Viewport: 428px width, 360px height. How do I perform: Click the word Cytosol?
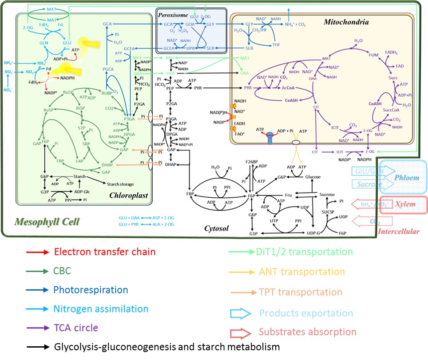[216, 228]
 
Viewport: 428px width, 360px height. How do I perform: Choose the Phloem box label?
[408, 177]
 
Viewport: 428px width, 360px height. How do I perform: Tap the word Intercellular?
[399, 232]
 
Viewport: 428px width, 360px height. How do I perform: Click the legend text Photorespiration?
[91, 290]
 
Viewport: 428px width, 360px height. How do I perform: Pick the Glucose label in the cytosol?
[313, 176]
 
